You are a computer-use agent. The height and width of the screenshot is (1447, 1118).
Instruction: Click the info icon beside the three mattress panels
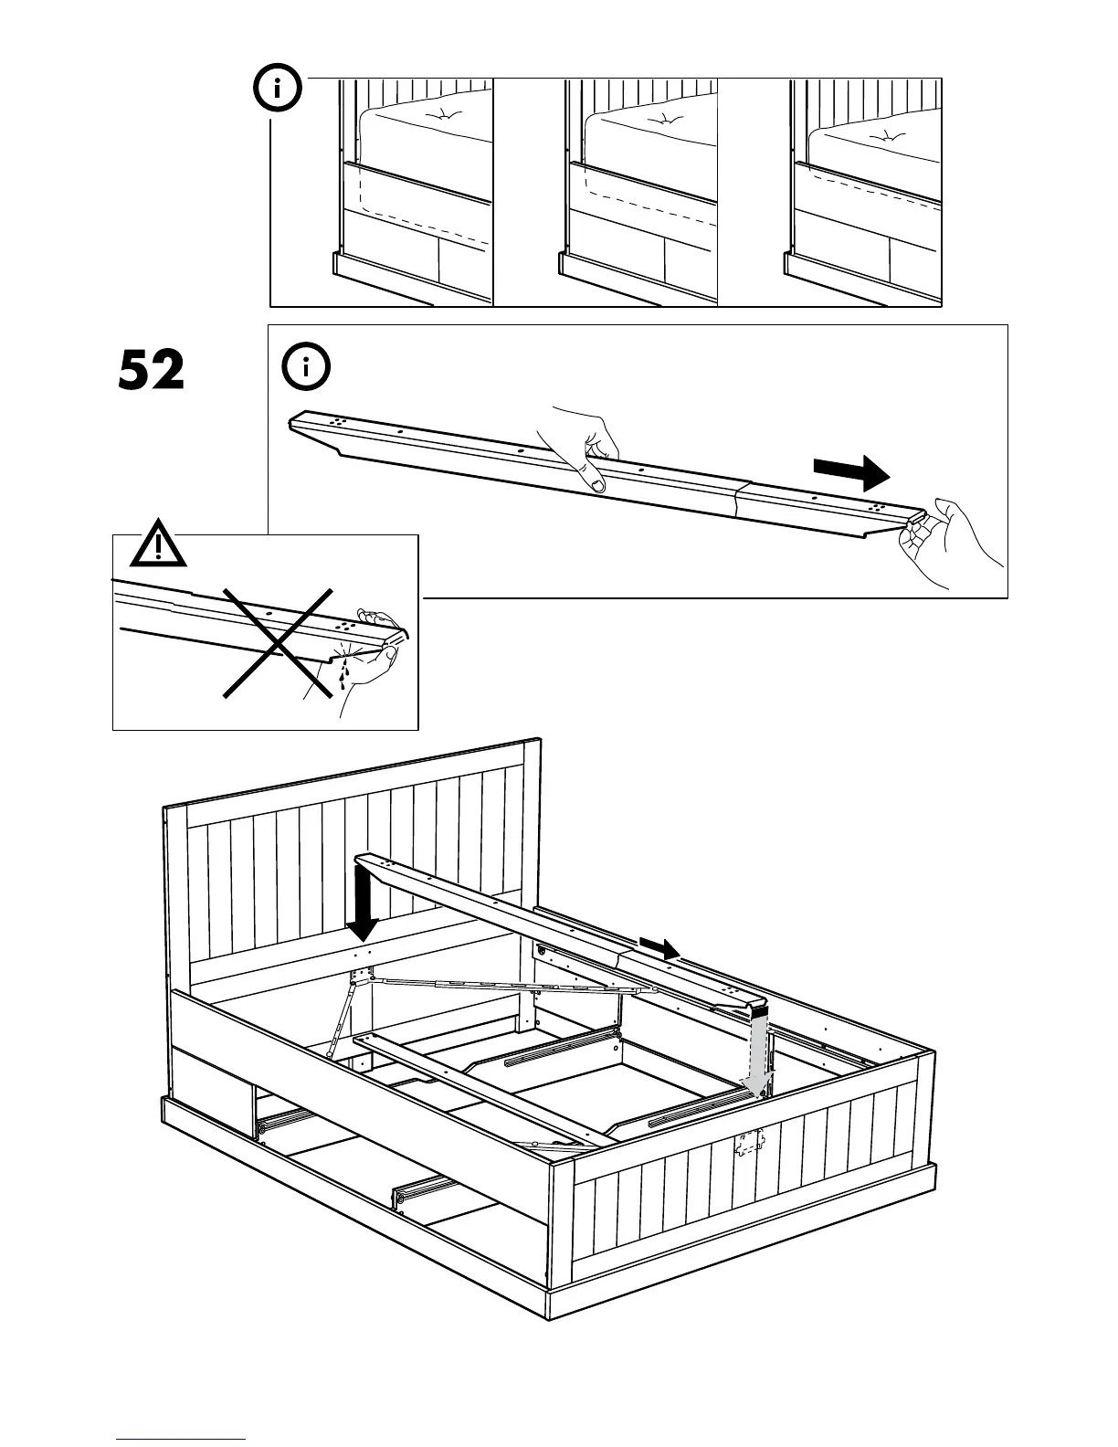[x=276, y=90]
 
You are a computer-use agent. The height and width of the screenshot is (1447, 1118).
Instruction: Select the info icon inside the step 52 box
[x=307, y=368]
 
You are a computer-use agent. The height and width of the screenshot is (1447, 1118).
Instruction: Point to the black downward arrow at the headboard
[x=364, y=905]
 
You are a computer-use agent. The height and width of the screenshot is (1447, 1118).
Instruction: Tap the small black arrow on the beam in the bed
[x=659, y=948]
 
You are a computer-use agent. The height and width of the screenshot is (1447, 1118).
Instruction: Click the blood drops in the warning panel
[x=344, y=674]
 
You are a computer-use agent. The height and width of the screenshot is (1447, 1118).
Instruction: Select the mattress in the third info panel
[x=875, y=146]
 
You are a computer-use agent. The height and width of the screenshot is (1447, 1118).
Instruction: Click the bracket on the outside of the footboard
[x=750, y=1143]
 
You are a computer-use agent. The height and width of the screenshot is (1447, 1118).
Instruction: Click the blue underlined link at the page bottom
[x=181, y=1438]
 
